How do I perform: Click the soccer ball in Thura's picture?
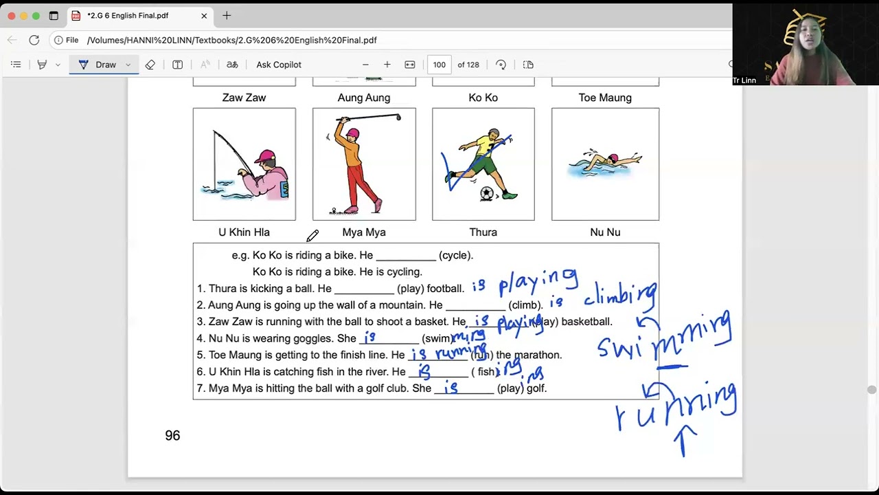487,194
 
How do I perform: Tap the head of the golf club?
398,118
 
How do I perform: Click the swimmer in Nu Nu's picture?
604,162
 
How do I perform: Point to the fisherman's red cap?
264,157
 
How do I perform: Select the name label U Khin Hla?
244,232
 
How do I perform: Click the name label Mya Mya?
364,232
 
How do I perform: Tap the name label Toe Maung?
605,98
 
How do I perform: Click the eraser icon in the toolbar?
150,65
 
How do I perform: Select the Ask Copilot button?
279,65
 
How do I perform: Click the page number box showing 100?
439,65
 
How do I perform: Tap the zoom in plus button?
387,65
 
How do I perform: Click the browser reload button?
34,40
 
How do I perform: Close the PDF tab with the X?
204,16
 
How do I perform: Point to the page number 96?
172,435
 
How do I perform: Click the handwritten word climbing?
620,296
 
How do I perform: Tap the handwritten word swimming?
663,337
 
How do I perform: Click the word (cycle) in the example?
456,255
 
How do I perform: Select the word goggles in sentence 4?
313,338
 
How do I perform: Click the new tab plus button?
227,16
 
